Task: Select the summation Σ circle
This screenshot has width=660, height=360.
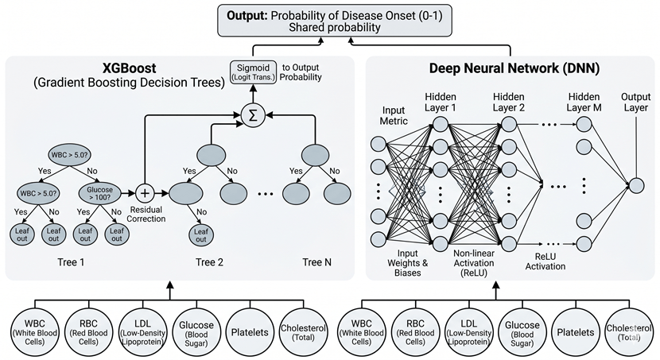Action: click(x=253, y=115)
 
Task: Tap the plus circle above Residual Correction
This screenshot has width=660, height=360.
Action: click(x=146, y=192)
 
